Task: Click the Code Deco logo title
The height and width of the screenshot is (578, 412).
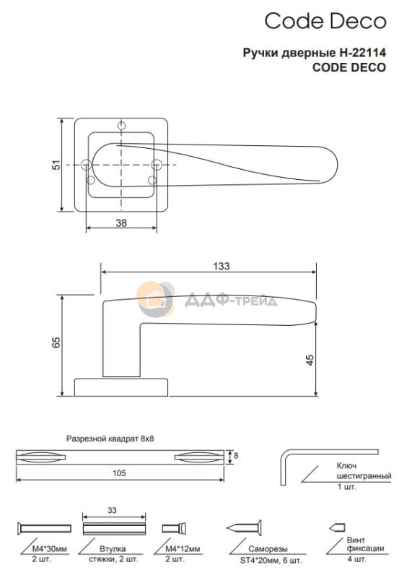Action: (325, 21)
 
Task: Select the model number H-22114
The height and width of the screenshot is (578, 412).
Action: (362, 53)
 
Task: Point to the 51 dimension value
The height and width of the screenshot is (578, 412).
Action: (56, 165)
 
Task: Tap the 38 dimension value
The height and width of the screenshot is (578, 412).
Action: (121, 223)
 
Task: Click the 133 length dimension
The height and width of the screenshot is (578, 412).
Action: (222, 266)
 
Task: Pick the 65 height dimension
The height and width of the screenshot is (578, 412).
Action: (56, 342)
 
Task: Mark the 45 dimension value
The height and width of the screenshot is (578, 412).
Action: (310, 360)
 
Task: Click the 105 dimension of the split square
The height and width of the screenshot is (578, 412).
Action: (119, 473)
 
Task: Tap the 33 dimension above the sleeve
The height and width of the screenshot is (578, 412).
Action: (112, 510)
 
